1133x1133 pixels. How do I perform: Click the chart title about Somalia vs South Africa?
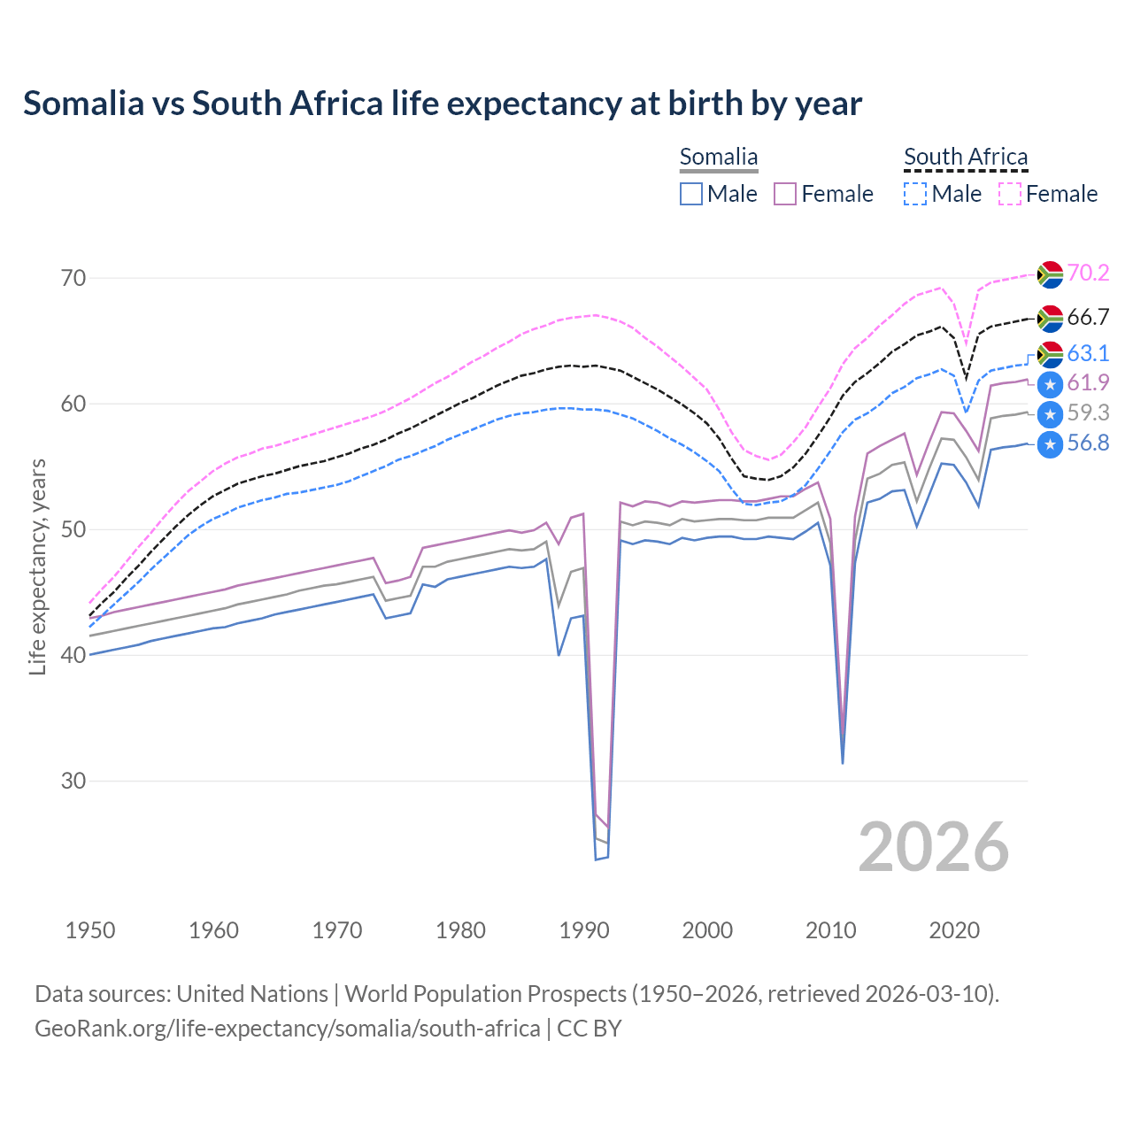tap(443, 104)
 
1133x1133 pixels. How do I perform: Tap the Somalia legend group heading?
tap(719, 158)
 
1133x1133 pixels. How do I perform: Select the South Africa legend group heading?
tap(966, 158)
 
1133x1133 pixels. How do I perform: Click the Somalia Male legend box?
tap(691, 194)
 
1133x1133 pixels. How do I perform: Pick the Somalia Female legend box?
tap(786, 194)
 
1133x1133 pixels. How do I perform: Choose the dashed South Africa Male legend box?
tap(915, 194)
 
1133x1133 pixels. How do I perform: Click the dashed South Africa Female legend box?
tap(1010, 194)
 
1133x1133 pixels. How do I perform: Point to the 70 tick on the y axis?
tap(74, 278)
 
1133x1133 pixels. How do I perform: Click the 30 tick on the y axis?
tap(74, 781)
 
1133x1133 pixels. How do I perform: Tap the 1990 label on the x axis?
tap(584, 930)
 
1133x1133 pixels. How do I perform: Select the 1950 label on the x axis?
tap(90, 930)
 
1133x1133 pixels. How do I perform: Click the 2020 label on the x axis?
tap(954, 930)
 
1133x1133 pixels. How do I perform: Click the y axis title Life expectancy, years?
tap(37, 566)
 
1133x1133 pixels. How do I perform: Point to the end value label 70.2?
tap(1088, 273)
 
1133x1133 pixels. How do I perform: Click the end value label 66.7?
tap(1088, 317)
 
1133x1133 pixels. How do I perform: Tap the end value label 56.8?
tap(1088, 443)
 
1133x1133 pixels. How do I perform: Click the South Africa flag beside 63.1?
tap(1050, 354)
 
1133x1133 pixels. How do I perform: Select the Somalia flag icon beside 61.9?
tap(1050, 384)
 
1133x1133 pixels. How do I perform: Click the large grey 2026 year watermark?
tap(934, 847)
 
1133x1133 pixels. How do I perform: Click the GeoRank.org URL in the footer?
tap(288, 1029)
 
